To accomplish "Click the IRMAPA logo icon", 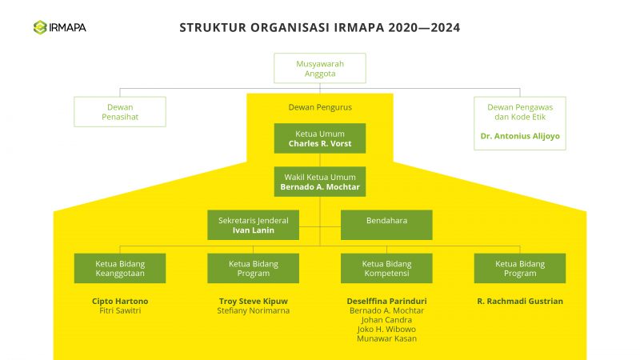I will pos(40,27).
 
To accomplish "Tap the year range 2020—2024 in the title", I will pos(424,27).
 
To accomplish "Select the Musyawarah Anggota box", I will pos(319,68).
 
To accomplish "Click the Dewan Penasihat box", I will pos(120,112).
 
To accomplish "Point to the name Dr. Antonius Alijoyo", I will pos(520,136).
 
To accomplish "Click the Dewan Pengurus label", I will pos(320,106).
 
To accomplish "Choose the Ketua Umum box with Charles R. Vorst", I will pos(320,138).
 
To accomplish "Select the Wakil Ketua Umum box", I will pos(320,182).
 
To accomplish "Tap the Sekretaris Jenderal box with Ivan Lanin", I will pos(253,225).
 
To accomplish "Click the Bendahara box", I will pos(386,225).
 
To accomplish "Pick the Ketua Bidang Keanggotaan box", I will pos(120,268).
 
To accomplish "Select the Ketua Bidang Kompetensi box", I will pos(386,268).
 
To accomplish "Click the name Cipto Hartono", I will pos(120,302).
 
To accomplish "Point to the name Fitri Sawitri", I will pos(120,311).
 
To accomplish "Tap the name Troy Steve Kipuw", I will pos(254,302).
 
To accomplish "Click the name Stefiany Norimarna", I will pos(254,311).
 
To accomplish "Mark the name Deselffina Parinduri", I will pos(386,302).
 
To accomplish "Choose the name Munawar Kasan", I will pos(386,339).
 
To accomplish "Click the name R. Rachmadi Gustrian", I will pos(520,302).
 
